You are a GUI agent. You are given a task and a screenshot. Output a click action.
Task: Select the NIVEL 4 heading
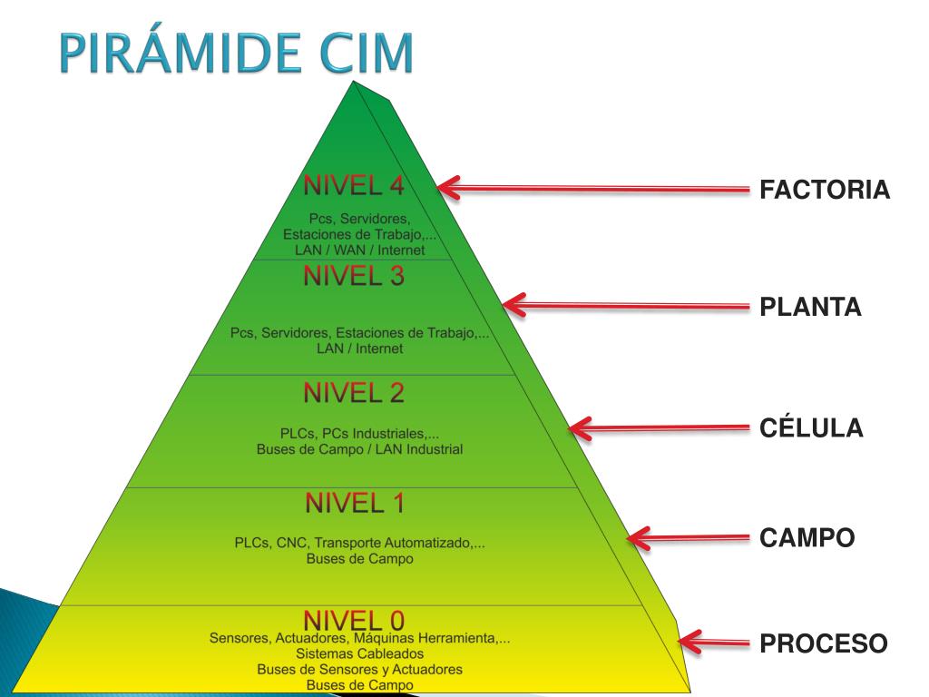click(354, 185)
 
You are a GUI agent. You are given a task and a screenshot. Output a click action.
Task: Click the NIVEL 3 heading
click(354, 276)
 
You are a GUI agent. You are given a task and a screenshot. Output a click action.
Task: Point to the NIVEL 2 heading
click(354, 393)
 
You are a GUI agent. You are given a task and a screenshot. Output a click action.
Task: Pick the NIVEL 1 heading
click(355, 503)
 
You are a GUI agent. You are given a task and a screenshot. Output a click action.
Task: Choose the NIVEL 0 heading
click(354, 621)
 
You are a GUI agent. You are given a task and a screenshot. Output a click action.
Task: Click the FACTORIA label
click(825, 190)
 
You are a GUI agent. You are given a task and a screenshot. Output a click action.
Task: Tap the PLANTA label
click(810, 307)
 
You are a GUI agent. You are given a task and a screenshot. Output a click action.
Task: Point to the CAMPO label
click(807, 538)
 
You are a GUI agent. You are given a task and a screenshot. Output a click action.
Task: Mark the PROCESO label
click(824, 643)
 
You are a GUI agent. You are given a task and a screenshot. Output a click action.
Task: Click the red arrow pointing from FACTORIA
click(593, 189)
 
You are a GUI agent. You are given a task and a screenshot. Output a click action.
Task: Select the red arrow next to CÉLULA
click(659, 428)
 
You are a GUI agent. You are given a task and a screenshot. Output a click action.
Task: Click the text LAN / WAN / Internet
click(359, 250)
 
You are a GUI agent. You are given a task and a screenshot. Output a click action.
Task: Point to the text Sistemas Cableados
click(359, 653)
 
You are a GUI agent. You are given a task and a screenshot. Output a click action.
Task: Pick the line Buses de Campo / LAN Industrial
click(359, 449)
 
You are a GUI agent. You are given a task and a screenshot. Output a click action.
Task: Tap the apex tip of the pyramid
click(355, 81)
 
